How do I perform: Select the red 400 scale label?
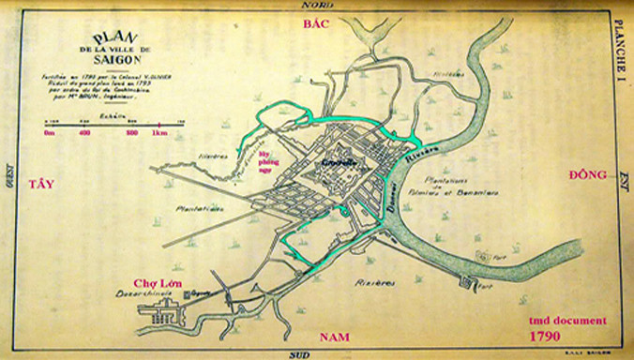tap(85, 133)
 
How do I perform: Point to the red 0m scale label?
tap(49, 133)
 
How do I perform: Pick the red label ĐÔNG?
tap(588, 175)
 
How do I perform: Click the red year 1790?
tap(545, 335)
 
